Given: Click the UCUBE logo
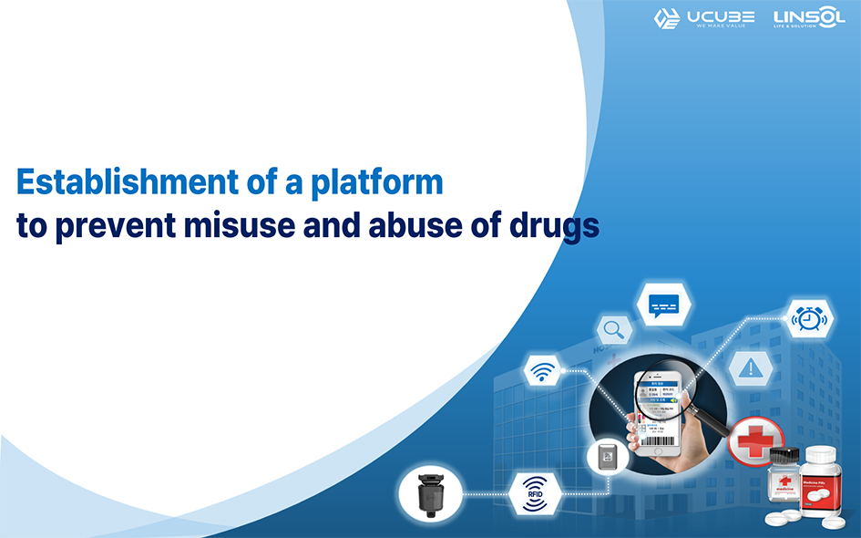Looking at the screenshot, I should point(703,18).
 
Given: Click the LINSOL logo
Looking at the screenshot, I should point(807,18).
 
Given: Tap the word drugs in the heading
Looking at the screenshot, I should point(550,225).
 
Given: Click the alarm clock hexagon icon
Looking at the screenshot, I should point(808,318).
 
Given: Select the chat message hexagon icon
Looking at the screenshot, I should point(664,305).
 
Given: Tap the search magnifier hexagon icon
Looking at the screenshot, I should point(615,329).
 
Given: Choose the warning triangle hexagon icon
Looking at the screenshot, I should point(751,367).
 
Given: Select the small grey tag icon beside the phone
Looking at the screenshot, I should point(605,457).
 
